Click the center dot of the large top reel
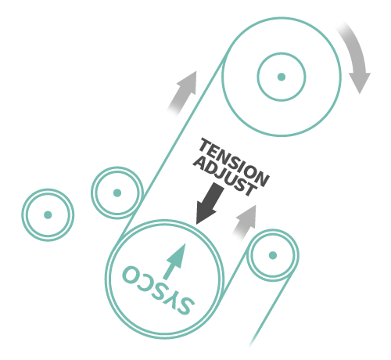282,77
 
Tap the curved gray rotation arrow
358,56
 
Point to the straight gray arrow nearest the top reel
183,92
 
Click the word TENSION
234,163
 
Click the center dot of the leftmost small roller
48,215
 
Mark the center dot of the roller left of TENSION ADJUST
117,193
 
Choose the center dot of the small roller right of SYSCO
273,255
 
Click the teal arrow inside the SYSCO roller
175,261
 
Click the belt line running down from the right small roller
271,310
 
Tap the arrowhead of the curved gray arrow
360,83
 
